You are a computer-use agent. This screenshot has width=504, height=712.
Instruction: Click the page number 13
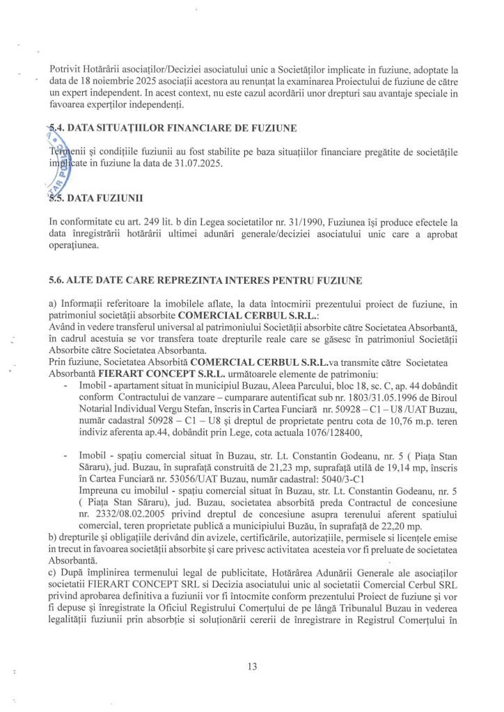pos(252,666)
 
